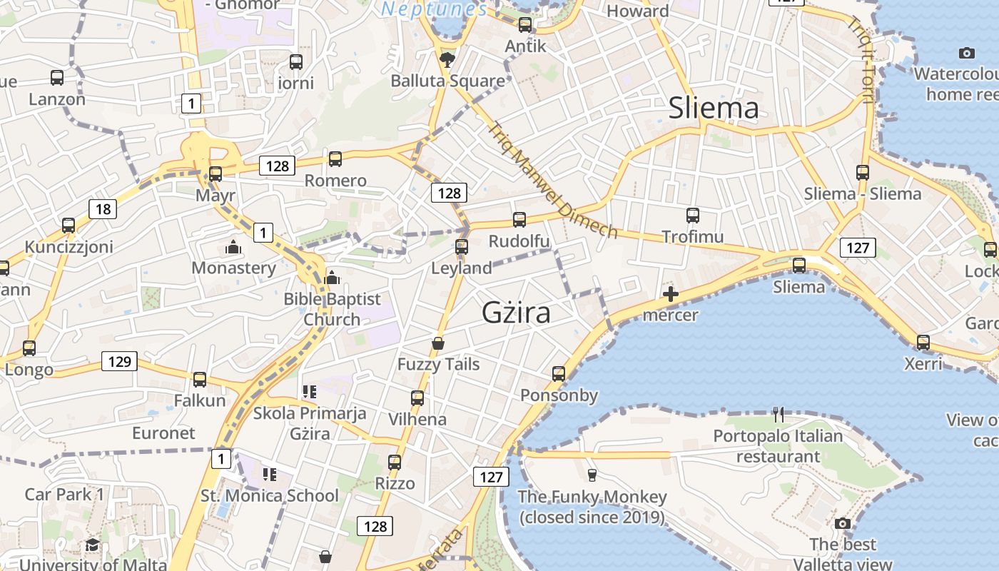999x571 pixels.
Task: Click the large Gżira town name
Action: click(516, 313)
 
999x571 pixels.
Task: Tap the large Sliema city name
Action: click(713, 108)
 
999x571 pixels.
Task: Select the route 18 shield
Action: click(103, 209)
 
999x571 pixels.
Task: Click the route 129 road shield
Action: click(119, 361)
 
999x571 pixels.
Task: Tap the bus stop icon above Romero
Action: click(335, 159)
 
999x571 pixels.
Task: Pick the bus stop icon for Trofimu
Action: click(692, 216)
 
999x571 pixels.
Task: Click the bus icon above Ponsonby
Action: click(559, 373)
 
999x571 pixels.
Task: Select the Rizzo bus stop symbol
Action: click(395, 462)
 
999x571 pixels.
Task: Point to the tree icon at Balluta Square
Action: click(447, 59)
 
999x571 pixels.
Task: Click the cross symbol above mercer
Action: click(670, 293)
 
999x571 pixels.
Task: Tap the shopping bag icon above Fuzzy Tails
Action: click(438, 343)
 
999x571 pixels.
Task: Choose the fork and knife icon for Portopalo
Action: click(779, 414)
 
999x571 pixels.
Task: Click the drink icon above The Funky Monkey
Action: click(592, 475)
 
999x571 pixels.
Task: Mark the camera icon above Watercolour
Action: click(967, 53)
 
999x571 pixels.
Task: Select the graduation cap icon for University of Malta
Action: click(92, 546)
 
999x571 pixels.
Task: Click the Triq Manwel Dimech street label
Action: click(552, 180)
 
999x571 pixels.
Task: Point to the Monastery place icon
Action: click(233, 248)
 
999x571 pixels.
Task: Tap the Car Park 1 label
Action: click(64, 494)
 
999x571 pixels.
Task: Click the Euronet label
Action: click(163, 433)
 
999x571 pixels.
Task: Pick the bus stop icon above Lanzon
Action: click(57, 78)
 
